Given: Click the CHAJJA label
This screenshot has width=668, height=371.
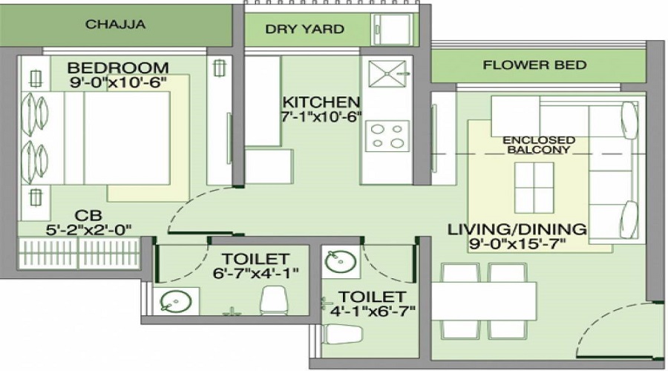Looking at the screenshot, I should (x=115, y=24).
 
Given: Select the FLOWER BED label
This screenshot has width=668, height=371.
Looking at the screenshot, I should (x=534, y=65).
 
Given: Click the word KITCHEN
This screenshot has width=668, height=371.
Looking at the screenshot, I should (x=321, y=102).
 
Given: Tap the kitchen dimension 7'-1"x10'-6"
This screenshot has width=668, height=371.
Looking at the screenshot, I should (x=321, y=116).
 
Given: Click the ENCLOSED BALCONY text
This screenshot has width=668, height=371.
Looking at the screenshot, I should (x=539, y=145).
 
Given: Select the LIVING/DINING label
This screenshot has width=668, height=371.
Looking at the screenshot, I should (x=517, y=229).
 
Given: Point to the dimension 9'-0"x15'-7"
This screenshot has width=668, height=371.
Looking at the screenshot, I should (x=517, y=243).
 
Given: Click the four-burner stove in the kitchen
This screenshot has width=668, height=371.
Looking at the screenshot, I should (x=387, y=137).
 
